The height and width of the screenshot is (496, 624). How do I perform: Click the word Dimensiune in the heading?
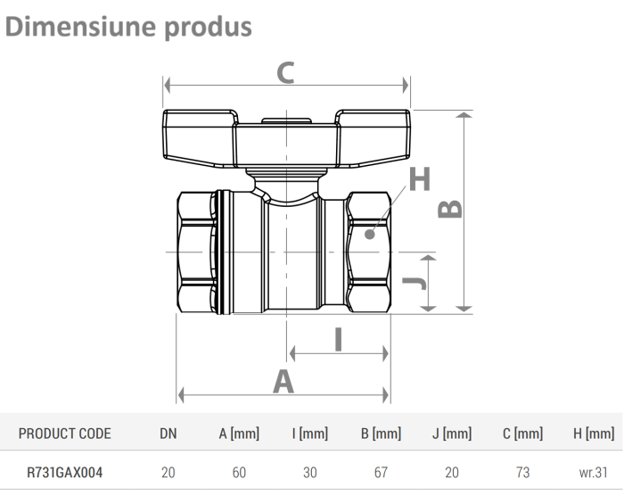80,27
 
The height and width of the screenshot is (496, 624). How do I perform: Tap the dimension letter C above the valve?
284,72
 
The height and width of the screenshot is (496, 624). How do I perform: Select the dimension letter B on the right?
452,207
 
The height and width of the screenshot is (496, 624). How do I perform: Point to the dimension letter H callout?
420,179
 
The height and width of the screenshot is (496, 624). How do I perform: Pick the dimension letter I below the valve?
339,340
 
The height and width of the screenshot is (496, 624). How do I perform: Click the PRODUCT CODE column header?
65,434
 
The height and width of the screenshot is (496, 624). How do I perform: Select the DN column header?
168,434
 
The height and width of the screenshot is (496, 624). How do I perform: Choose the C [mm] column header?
522,434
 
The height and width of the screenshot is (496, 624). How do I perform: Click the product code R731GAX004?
65,473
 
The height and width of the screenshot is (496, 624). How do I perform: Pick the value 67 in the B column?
381,473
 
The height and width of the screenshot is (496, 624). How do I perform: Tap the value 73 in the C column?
522,473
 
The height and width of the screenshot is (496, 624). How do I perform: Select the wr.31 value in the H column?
594,473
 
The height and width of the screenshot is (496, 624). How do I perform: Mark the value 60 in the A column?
239,473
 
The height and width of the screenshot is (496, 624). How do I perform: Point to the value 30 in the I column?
309,473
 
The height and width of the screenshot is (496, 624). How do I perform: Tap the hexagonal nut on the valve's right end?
369,252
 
